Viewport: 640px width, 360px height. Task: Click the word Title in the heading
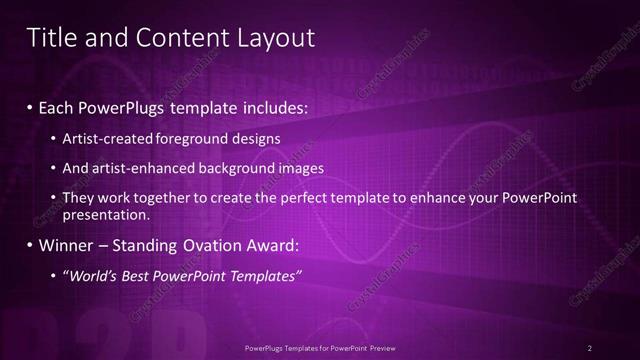[48, 37]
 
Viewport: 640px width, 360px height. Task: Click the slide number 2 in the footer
[590, 347]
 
